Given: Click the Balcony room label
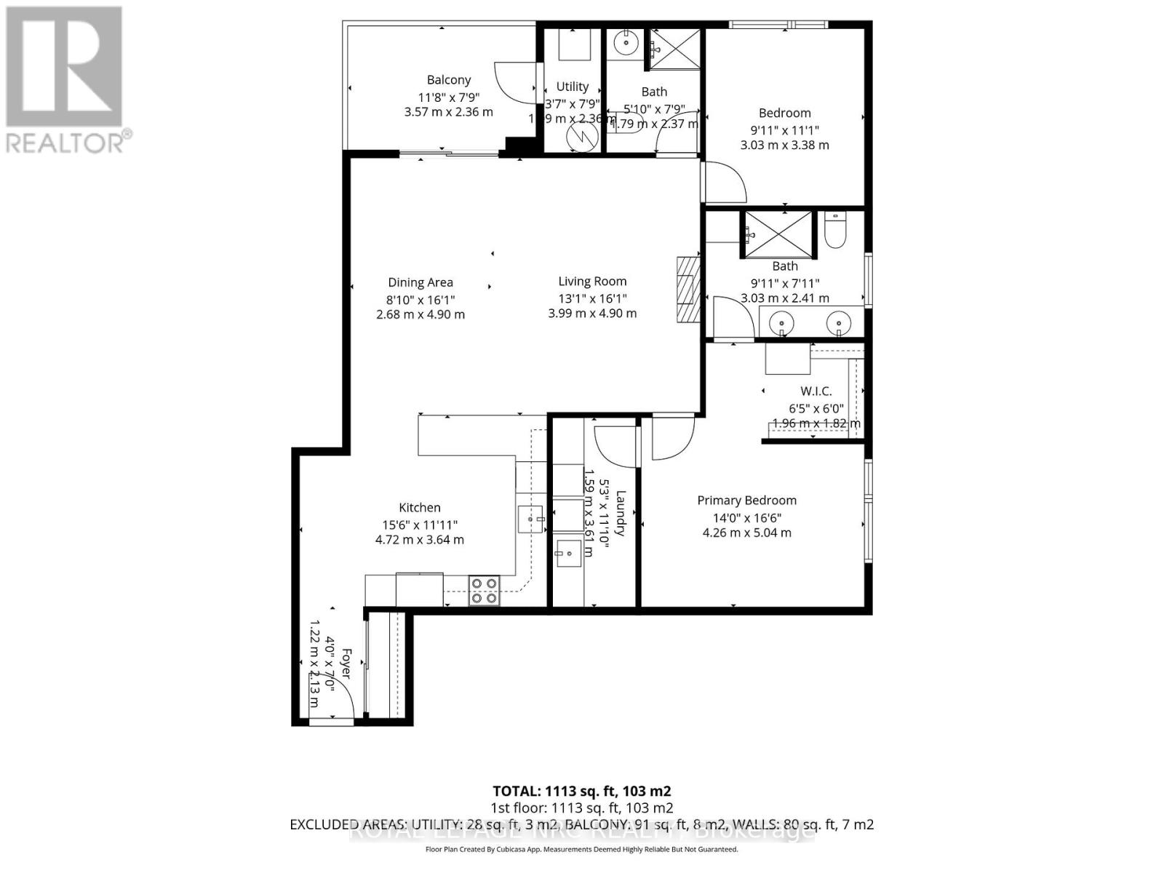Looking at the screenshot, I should pyautogui.click(x=448, y=80).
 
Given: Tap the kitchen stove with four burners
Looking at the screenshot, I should pyautogui.click(x=484, y=590).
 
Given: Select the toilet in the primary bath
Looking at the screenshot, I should pyautogui.click(x=834, y=229).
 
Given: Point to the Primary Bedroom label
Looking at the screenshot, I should pyautogui.click(x=746, y=501).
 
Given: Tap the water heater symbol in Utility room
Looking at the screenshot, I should pyautogui.click(x=581, y=135).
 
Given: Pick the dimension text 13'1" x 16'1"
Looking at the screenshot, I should pyautogui.click(x=592, y=298).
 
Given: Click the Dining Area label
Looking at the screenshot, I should pyautogui.click(x=420, y=282).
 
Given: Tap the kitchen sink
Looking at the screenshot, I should pyautogui.click(x=530, y=519).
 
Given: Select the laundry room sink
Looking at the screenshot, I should pyautogui.click(x=569, y=554).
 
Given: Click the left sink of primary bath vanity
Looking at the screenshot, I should pyautogui.click(x=781, y=320).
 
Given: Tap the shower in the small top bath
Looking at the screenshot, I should pyautogui.click(x=674, y=49).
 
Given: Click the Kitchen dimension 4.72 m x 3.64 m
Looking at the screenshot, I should pyautogui.click(x=419, y=540).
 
